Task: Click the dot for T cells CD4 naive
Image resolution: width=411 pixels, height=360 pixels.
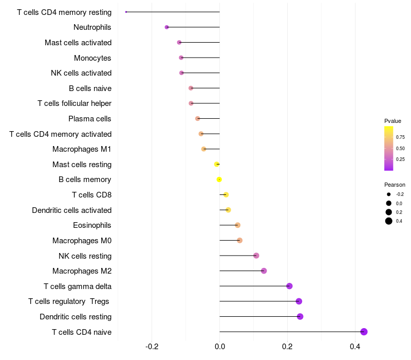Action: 364,332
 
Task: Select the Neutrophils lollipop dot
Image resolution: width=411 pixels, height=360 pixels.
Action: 166,27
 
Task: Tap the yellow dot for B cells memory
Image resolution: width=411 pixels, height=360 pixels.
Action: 219,179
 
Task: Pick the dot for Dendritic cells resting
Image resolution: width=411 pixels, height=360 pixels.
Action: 300,316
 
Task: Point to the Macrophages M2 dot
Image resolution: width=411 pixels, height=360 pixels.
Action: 264,271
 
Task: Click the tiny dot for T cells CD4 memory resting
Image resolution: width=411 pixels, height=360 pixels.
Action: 126,12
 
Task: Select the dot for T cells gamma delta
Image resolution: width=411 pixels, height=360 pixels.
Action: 289,286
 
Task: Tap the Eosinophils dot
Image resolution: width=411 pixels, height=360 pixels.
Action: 238,225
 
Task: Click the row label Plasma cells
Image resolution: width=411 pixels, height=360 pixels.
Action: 89,119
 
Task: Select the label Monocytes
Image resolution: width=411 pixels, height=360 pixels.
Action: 92,58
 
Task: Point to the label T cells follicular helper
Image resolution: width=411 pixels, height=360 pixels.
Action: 74,103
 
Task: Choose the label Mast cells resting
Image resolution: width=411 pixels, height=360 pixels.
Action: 82,165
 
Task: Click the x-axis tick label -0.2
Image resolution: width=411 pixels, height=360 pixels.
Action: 152,347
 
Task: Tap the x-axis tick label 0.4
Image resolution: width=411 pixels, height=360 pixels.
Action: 355,347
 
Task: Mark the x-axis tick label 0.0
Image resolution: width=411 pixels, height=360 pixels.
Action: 220,347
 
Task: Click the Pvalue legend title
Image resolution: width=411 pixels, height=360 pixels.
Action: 393,121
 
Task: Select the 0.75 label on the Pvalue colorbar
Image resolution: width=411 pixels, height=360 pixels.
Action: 400,137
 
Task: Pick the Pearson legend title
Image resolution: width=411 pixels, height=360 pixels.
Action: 395,185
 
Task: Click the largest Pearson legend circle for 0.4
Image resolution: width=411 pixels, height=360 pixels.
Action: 389,221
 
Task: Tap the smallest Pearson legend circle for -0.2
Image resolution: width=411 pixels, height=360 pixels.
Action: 389,194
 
